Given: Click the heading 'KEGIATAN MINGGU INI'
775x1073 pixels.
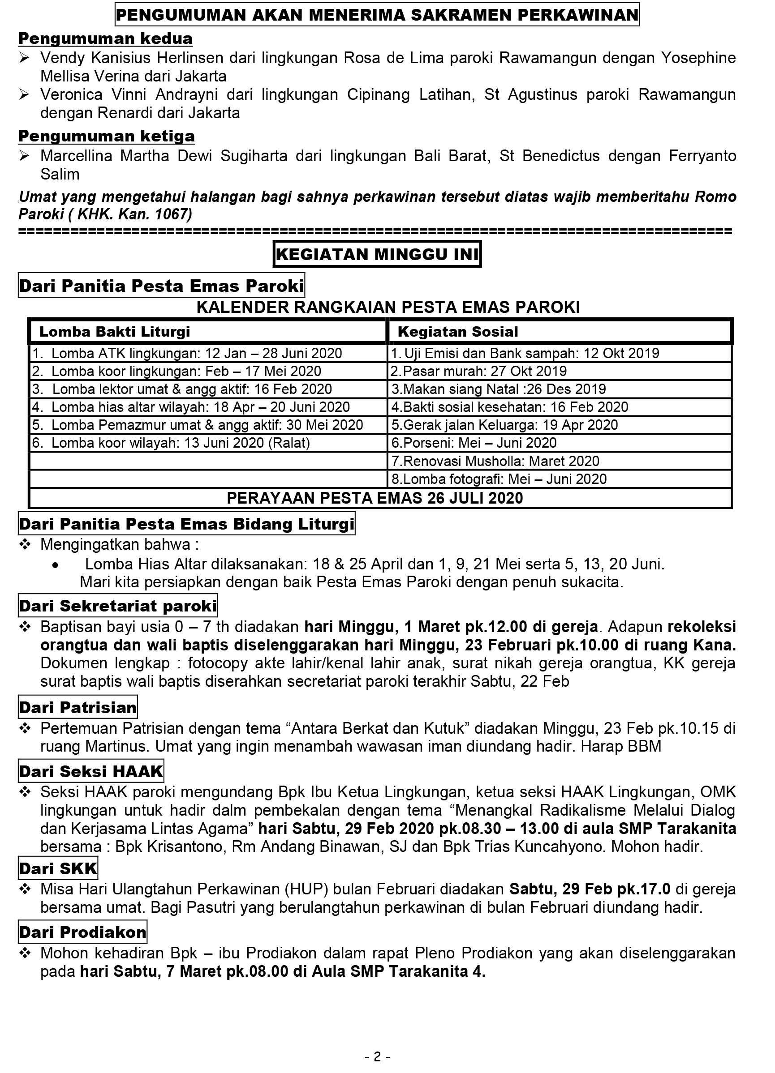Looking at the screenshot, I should pyautogui.click(x=377, y=255).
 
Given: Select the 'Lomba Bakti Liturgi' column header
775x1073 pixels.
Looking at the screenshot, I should pyautogui.click(x=115, y=332).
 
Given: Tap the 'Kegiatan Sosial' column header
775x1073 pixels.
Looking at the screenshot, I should pyautogui.click(x=458, y=332).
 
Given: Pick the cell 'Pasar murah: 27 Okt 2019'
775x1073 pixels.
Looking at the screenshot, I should pyautogui.click(x=479, y=372).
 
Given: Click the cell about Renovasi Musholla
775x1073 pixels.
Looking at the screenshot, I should pyautogui.click(x=495, y=461).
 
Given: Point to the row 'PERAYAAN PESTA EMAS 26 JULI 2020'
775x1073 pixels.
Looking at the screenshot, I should pyautogui.click(x=375, y=498).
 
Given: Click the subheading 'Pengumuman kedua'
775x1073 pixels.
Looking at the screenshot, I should pyautogui.click(x=105, y=39).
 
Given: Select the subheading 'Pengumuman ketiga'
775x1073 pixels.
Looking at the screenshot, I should pyautogui.click(x=106, y=136).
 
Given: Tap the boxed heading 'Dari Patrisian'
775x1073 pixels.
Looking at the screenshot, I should pyautogui.click(x=77, y=707).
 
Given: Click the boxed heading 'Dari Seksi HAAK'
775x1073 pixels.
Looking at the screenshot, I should pyautogui.click(x=91, y=772).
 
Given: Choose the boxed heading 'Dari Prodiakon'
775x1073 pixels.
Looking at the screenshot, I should pyautogui.click(x=82, y=932).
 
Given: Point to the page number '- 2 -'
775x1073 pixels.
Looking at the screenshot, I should pyautogui.click(x=377, y=1056).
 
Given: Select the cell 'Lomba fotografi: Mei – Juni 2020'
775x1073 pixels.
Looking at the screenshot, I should pyautogui.click(x=499, y=479).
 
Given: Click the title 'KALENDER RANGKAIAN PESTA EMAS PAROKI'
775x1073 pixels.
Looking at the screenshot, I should pyautogui.click(x=388, y=308).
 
